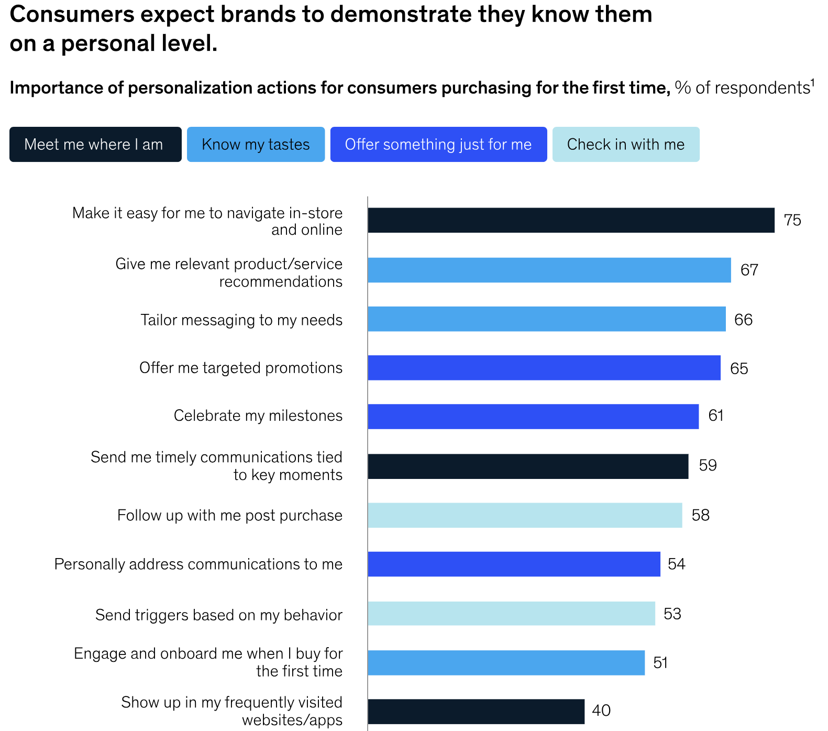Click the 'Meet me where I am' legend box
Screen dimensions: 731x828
pos(95,145)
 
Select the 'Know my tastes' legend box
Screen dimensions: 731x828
pos(256,145)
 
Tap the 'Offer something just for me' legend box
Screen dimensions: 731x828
pos(438,145)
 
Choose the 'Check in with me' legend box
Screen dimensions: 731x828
pos(626,145)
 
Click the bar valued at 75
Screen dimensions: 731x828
pos(571,220)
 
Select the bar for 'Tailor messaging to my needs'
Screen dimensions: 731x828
pos(547,319)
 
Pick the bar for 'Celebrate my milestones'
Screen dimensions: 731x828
pos(533,417)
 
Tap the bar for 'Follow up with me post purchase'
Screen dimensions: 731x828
pos(525,515)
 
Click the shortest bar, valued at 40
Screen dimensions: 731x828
pos(476,712)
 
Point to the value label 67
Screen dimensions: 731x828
pos(749,270)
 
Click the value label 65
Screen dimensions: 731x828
pos(739,368)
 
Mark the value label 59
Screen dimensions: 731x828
pos(708,465)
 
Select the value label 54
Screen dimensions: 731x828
pos(676,564)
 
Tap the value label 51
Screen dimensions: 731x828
pos(660,663)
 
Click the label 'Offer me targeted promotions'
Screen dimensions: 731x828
pos(241,368)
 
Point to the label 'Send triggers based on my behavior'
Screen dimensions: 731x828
pos(219,615)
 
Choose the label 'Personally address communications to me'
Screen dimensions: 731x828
pos(198,564)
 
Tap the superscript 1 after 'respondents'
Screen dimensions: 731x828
pos(812,82)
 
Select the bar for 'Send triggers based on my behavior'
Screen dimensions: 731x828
pos(511,613)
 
